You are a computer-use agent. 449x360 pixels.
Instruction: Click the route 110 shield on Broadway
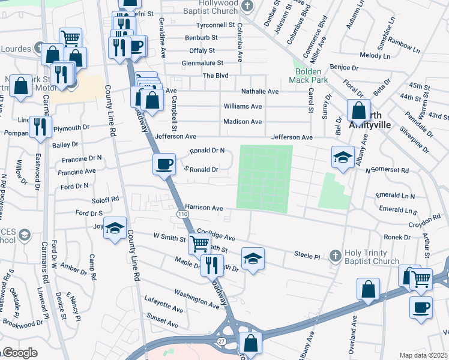181,214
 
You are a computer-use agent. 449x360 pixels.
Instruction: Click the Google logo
19,353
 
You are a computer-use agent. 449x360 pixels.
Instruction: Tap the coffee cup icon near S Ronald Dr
164,163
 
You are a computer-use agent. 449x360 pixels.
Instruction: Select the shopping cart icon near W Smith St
199,243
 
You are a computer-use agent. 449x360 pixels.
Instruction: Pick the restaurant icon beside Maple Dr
211,264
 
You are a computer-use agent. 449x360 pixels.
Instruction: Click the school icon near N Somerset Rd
343,158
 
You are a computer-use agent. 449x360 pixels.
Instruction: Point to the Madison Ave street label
243,122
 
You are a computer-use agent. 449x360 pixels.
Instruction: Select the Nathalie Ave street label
260,91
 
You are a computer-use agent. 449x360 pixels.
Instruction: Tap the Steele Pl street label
307,256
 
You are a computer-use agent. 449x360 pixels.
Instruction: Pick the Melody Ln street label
375,55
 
